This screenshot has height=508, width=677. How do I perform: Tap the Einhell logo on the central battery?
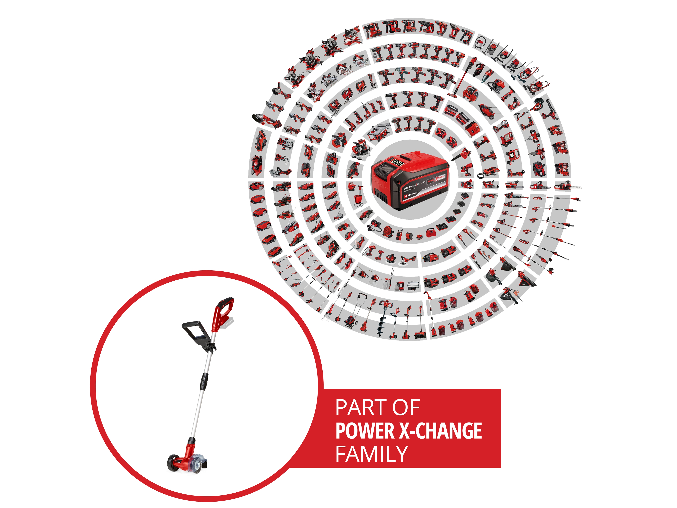pos(411,194)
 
